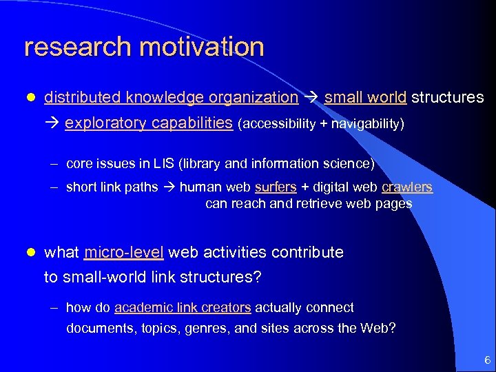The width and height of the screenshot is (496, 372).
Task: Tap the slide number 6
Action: point(487,360)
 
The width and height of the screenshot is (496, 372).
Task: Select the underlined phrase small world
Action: point(365,97)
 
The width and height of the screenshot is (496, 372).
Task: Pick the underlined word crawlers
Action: point(406,187)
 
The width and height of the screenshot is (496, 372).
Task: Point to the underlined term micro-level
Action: point(124,252)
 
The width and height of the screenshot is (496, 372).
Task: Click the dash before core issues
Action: point(54,165)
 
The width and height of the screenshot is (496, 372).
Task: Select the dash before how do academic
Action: point(54,308)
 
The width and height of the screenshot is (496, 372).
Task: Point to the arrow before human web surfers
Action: point(170,187)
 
